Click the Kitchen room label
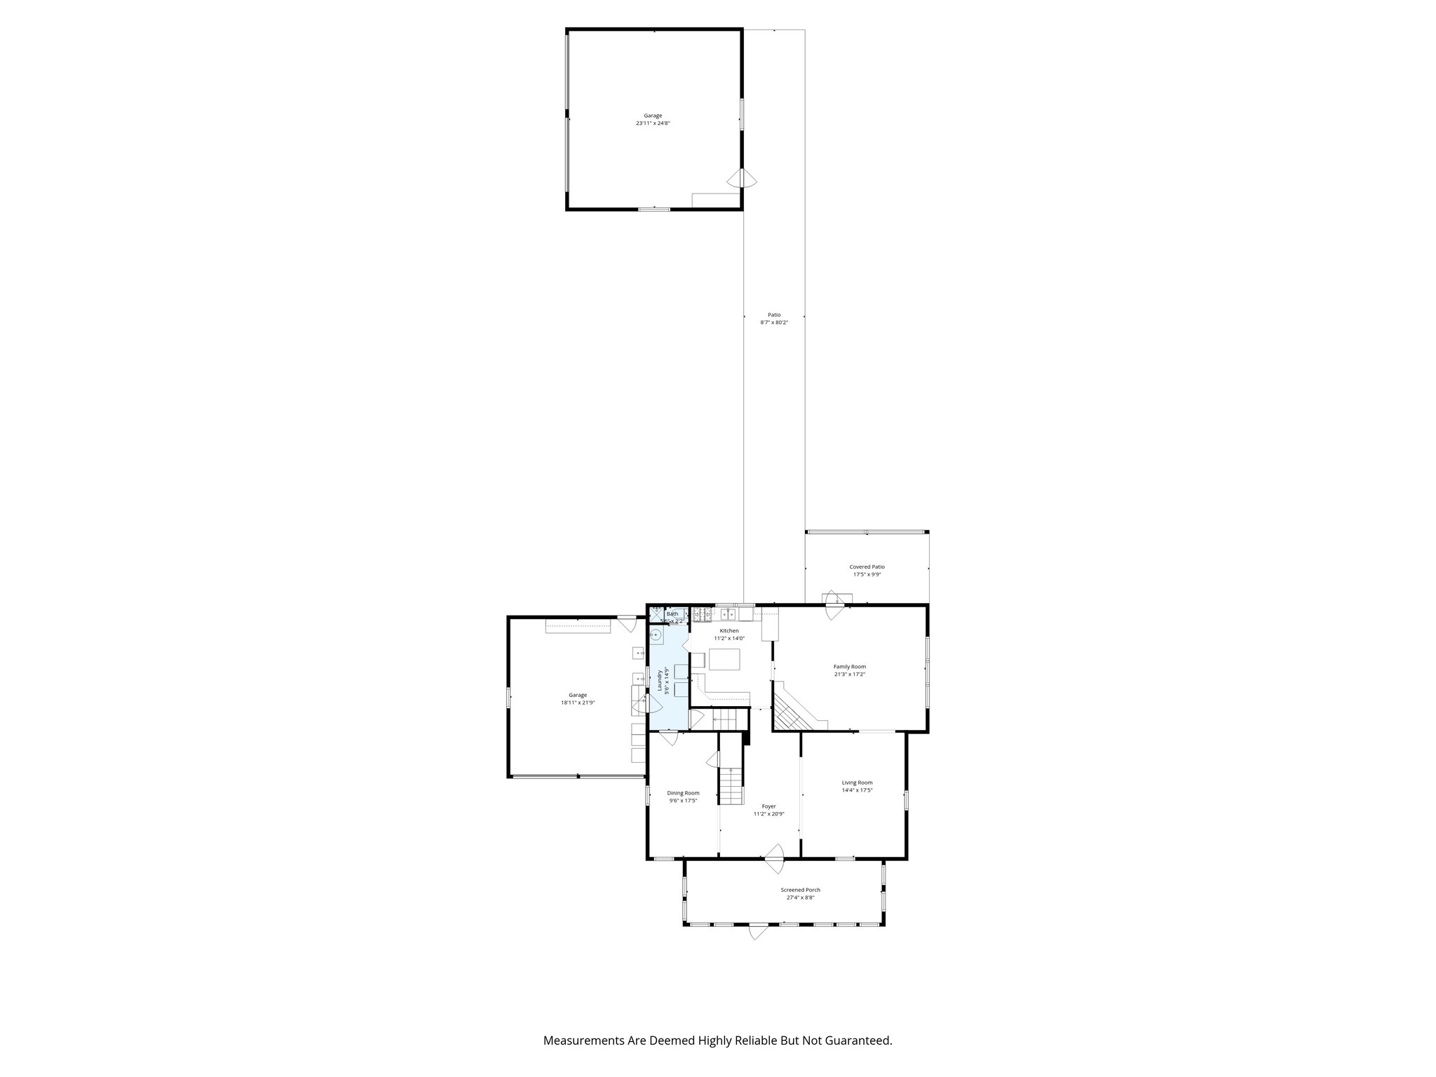point(729,630)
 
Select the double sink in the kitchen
point(729,615)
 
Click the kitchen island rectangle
point(724,659)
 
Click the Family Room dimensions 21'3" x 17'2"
point(849,675)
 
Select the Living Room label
point(857,783)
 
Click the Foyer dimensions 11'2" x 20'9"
point(768,814)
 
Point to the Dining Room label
point(683,793)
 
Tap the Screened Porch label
point(800,890)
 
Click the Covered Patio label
point(867,567)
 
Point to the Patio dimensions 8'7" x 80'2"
point(774,323)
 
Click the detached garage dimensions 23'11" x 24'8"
point(653,123)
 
